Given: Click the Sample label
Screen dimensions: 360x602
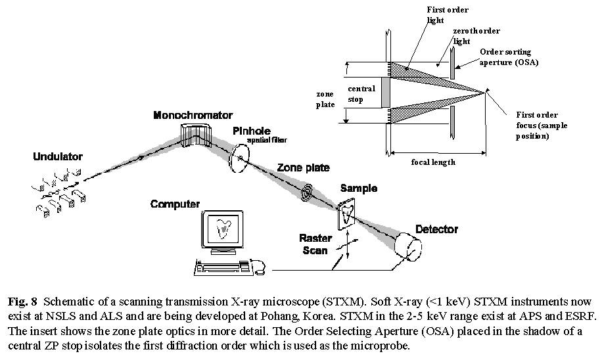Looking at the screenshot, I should [358, 189].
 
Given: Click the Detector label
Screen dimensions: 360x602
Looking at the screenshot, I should [436, 229].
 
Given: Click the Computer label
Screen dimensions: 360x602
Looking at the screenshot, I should [175, 204].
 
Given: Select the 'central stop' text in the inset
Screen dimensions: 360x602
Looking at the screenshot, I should [361, 93].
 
